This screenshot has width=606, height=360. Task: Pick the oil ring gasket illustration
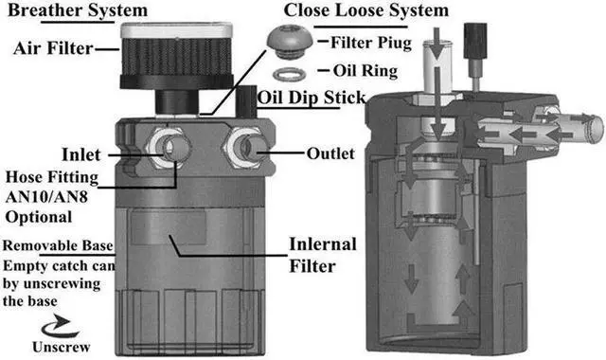point(290,72)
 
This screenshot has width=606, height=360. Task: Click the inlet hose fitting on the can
point(171,148)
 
